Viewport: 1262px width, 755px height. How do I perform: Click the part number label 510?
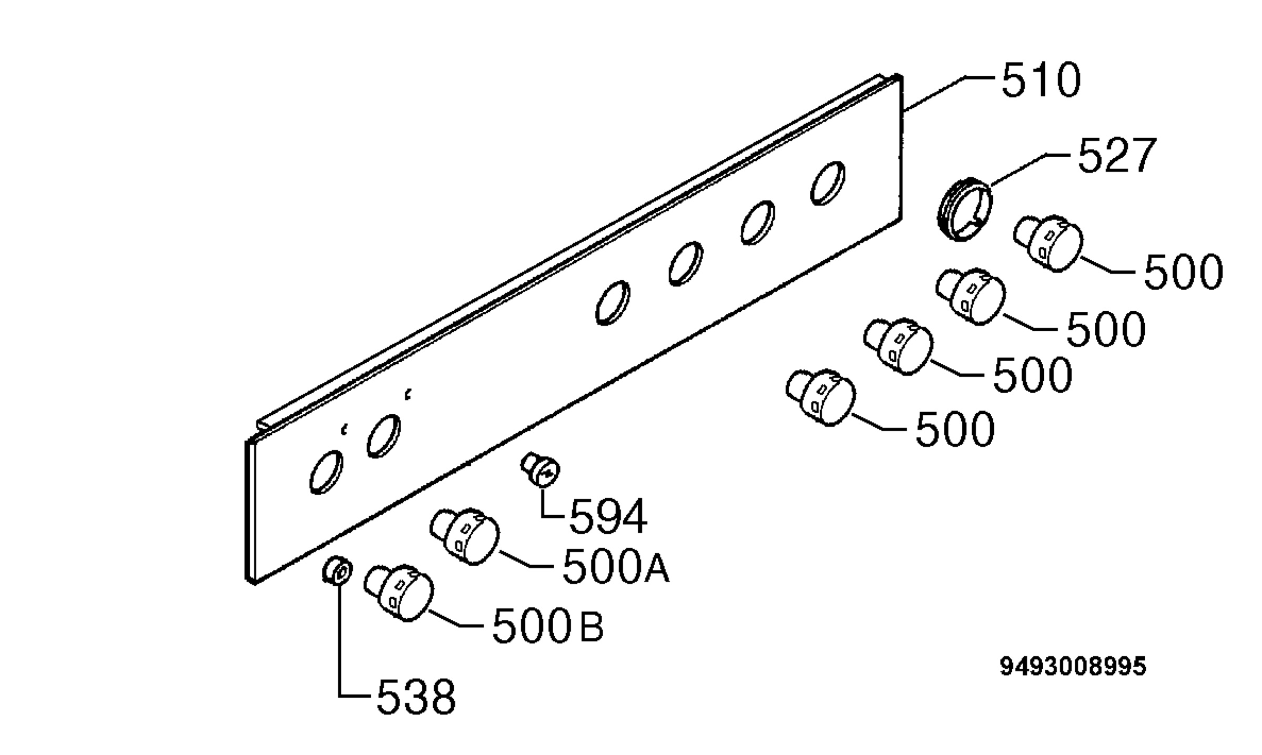click(x=1041, y=80)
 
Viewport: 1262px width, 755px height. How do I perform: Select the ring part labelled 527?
click(x=965, y=209)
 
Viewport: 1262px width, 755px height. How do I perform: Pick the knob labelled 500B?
click(x=399, y=593)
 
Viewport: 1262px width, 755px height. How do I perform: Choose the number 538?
click(x=416, y=697)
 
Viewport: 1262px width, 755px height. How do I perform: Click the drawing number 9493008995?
click(x=1073, y=667)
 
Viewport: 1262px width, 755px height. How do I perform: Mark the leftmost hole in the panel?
click(x=325, y=472)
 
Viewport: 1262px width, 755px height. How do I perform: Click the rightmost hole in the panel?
click(x=828, y=182)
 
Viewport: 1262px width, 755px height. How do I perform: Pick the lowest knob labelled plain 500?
click(x=821, y=397)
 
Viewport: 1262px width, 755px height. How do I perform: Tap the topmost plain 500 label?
click(x=1183, y=272)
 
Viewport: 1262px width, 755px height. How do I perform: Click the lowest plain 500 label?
click(x=955, y=428)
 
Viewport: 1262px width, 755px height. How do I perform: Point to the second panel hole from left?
click(x=383, y=436)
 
